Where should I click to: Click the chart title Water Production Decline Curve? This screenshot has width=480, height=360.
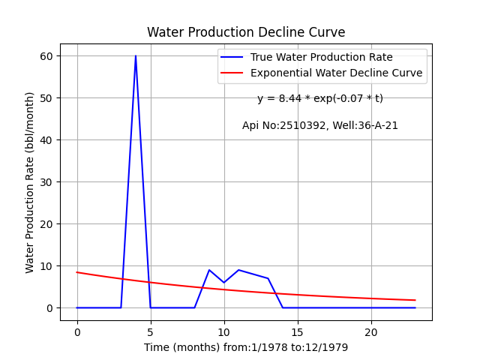point(246,32)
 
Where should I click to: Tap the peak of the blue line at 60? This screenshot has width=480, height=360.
point(136,55)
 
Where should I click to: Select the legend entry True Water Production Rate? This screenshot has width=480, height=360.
point(322,57)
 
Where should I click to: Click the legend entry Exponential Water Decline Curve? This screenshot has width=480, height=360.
point(337,73)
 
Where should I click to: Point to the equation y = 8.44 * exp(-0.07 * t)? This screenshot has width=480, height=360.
point(320,98)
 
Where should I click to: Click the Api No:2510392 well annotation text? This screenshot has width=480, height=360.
point(320,125)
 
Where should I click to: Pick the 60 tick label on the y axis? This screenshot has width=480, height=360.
point(46,56)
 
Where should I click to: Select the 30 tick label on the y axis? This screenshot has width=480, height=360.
point(46,182)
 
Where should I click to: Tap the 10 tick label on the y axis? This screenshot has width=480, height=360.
point(46,266)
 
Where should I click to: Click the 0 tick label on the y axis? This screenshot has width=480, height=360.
point(49,308)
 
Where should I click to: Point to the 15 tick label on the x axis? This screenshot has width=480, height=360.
point(298,332)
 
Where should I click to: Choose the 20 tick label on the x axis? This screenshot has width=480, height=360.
point(371,332)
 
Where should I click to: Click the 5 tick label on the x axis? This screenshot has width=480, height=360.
point(151,332)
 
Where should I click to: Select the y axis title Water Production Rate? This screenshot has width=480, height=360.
point(30,183)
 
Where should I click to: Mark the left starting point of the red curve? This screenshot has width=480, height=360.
point(76,272)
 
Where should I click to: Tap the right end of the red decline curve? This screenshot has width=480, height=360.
point(415,300)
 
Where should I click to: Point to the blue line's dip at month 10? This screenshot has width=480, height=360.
point(224,282)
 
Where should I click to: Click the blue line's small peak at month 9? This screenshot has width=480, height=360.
point(209,270)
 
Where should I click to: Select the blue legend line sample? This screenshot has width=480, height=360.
point(232,57)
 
